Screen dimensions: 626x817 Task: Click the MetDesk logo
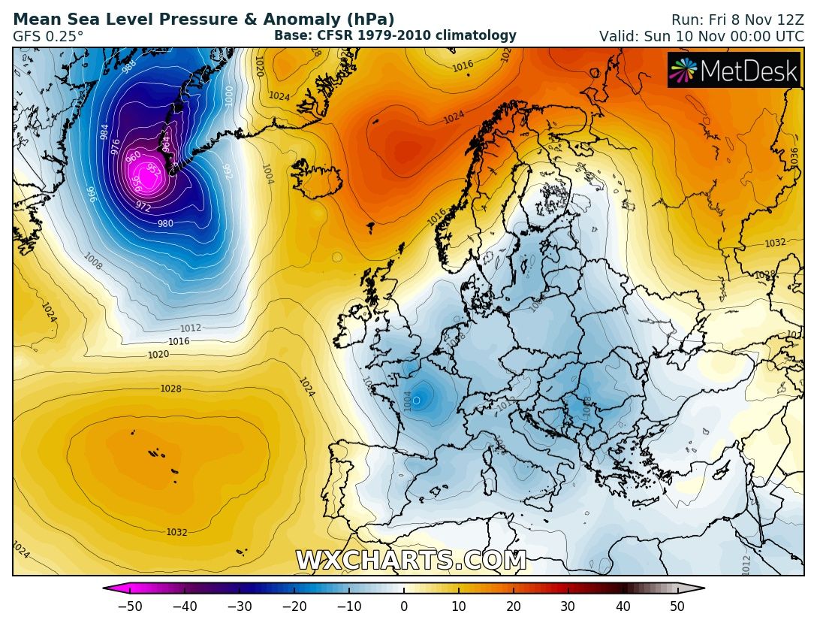coord(734,70)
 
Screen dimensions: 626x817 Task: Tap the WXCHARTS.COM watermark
coord(411,561)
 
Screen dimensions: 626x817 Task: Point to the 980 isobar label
coord(166,223)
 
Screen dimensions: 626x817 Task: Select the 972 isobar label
coord(143,207)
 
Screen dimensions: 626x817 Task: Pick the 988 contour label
coord(129,65)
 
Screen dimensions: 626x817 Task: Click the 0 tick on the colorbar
coord(404,606)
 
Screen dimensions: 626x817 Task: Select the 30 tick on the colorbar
coord(568,606)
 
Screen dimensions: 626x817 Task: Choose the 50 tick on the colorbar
coord(677,606)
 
